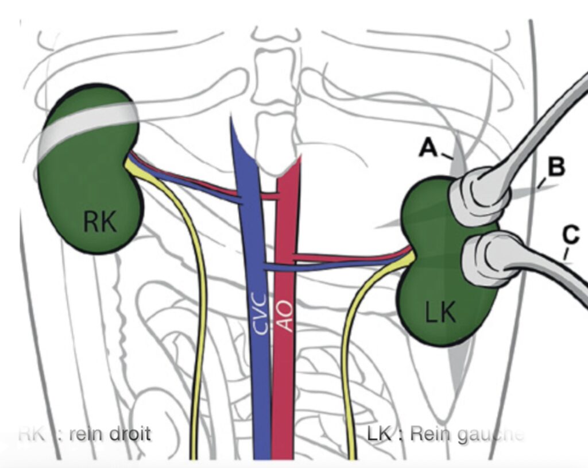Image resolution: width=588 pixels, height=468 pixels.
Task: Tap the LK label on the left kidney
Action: click(440, 313)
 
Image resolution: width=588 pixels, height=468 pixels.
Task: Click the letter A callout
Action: click(428, 148)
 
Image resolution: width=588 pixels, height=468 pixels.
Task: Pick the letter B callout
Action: click(556, 167)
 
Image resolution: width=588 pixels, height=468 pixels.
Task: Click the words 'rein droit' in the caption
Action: click(109, 432)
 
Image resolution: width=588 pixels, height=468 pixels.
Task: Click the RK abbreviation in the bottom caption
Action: click(32, 432)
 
